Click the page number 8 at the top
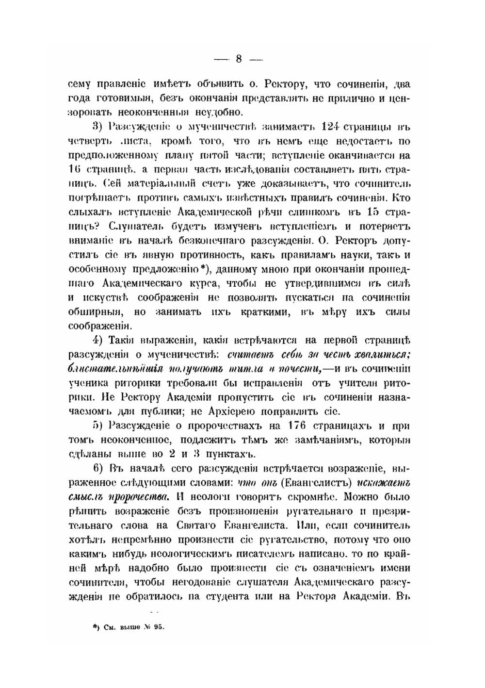238,59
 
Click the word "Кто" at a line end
402,198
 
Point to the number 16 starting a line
75,170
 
